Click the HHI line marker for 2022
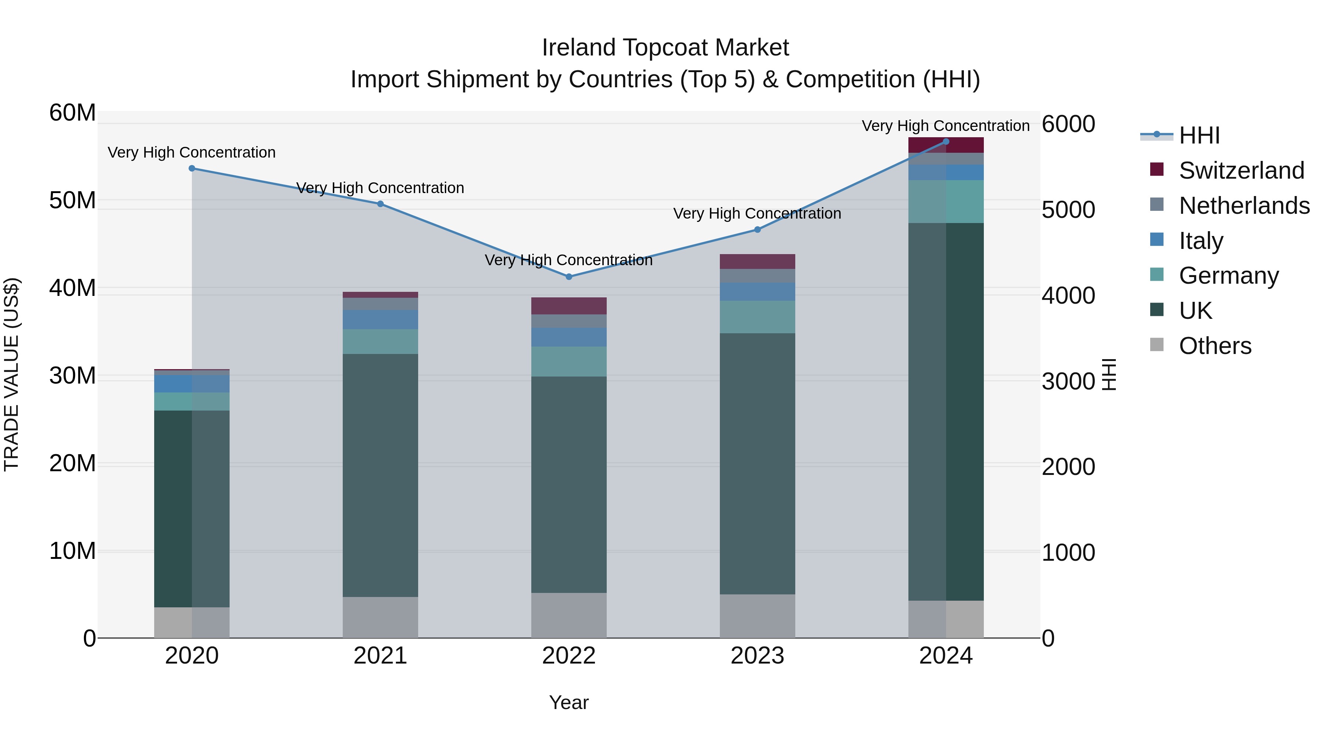569,277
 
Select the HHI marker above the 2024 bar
946,142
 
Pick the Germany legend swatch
1157,275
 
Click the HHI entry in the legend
1199,135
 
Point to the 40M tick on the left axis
72,288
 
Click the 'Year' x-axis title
569,702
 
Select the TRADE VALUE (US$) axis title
11,374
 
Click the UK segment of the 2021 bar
380,476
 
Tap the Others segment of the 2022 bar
569,615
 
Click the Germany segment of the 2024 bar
946,202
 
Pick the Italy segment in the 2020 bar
192,384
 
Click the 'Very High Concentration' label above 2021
380,188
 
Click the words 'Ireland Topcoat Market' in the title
665,48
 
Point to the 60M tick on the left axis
72,113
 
